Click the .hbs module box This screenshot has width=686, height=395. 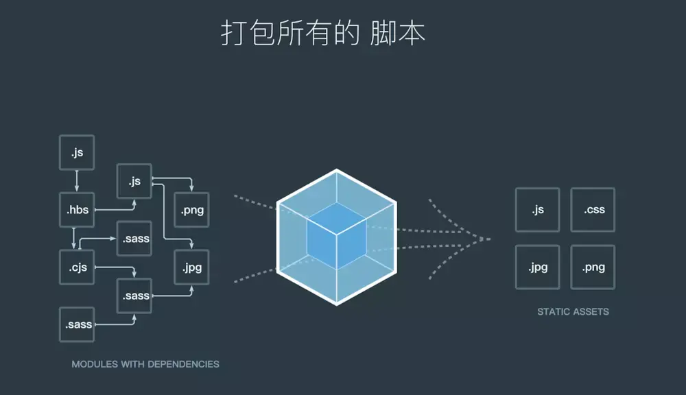point(78,210)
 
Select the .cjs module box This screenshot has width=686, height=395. point(77,267)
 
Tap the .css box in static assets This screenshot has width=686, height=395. point(593,210)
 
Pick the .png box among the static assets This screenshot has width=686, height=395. point(593,267)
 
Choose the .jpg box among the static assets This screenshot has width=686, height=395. point(537,267)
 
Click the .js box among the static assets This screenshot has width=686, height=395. point(537,210)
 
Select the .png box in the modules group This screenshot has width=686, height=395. point(192,211)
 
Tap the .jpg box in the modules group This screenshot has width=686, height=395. point(192,267)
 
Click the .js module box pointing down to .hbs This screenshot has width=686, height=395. point(77,153)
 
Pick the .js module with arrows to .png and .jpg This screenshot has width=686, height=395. point(134,182)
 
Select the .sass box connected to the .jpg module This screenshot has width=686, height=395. point(135,296)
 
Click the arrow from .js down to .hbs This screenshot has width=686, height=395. point(77,181)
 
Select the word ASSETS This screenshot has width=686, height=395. point(591,311)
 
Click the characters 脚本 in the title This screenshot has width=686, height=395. point(398,32)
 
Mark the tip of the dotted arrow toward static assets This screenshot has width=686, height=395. point(490,239)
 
